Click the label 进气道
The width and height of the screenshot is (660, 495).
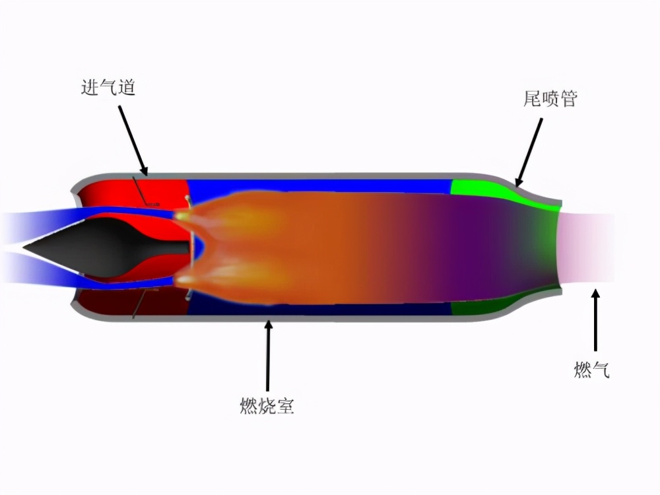[x=108, y=88]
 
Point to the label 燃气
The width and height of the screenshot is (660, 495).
[x=591, y=370]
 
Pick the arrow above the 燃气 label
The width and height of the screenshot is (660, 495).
[x=595, y=320]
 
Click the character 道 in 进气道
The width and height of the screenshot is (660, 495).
[x=126, y=88]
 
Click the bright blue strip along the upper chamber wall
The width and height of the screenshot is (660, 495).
[x=317, y=185]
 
